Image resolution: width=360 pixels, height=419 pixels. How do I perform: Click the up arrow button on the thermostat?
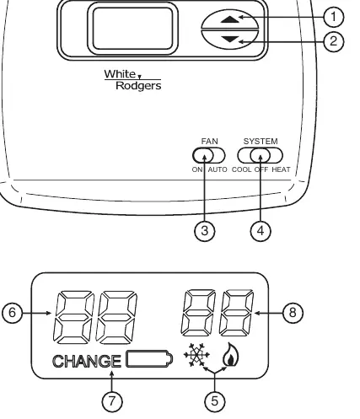coord(230,19)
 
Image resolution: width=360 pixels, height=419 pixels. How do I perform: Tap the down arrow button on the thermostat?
coord(230,40)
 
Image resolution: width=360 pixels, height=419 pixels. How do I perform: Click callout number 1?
coord(334,17)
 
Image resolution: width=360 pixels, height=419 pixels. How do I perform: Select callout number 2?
coord(334,41)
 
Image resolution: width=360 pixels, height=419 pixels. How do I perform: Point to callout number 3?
coord(205,231)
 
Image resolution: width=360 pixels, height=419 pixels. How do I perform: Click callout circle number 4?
coord(261,231)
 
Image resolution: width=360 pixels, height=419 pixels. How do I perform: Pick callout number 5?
coord(215,400)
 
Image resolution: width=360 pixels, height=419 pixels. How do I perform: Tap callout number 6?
coord(12,313)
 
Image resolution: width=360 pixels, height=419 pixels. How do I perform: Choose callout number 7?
coord(112,400)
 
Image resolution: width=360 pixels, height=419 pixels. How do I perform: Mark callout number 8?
coord(293,313)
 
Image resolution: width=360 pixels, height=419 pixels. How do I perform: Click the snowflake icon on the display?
coord(196,355)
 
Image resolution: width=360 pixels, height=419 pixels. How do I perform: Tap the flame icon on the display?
coord(231,354)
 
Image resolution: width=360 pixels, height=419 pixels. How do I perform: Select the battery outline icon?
coord(149,359)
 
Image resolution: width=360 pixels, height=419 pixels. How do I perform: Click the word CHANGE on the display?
coord(87,361)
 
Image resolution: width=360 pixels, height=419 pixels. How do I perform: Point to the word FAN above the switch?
coord(209,141)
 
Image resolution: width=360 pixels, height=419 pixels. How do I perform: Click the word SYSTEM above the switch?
coord(261,141)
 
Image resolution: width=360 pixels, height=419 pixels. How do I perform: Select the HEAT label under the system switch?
coord(281,169)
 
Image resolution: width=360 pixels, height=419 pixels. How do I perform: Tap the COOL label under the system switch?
coord(241,169)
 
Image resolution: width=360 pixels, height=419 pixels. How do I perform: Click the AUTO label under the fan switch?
coord(218,169)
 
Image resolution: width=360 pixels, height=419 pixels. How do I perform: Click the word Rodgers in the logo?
coord(138,86)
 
